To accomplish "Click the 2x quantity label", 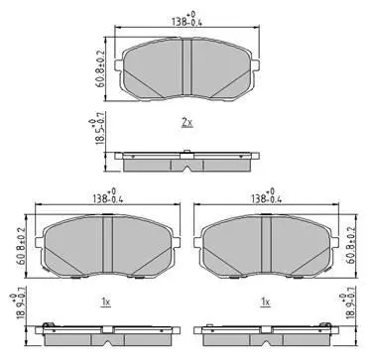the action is (x=186, y=123).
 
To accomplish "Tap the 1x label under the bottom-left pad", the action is (x=106, y=301).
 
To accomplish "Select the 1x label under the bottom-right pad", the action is (x=266, y=301).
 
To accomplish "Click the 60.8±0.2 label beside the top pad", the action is (x=100, y=68).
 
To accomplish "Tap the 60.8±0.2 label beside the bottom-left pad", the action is (x=21, y=246).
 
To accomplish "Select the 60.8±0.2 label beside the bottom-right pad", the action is (x=351, y=246).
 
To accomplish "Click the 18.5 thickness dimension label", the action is (x=96, y=130).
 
